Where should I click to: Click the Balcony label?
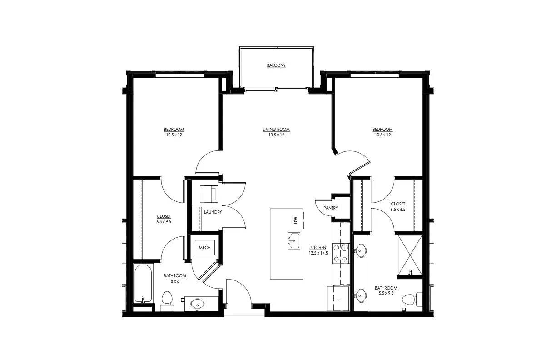click(276, 65)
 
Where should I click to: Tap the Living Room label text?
click(276, 130)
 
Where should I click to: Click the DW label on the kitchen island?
click(295, 220)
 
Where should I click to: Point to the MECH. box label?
click(204, 248)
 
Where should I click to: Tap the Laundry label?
click(213, 212)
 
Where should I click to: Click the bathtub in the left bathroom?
click(144, 283)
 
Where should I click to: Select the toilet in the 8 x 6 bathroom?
click(167, 300)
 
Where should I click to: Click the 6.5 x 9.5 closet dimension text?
click(164, 222)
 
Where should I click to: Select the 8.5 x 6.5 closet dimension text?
click(397, 210)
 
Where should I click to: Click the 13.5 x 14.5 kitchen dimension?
click(319, 253)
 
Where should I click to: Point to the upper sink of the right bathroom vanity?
click(361, 250)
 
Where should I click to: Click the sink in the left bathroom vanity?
click(199, 303)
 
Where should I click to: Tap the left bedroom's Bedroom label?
click(174, 130)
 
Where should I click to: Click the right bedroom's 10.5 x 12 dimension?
click(383, 135)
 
